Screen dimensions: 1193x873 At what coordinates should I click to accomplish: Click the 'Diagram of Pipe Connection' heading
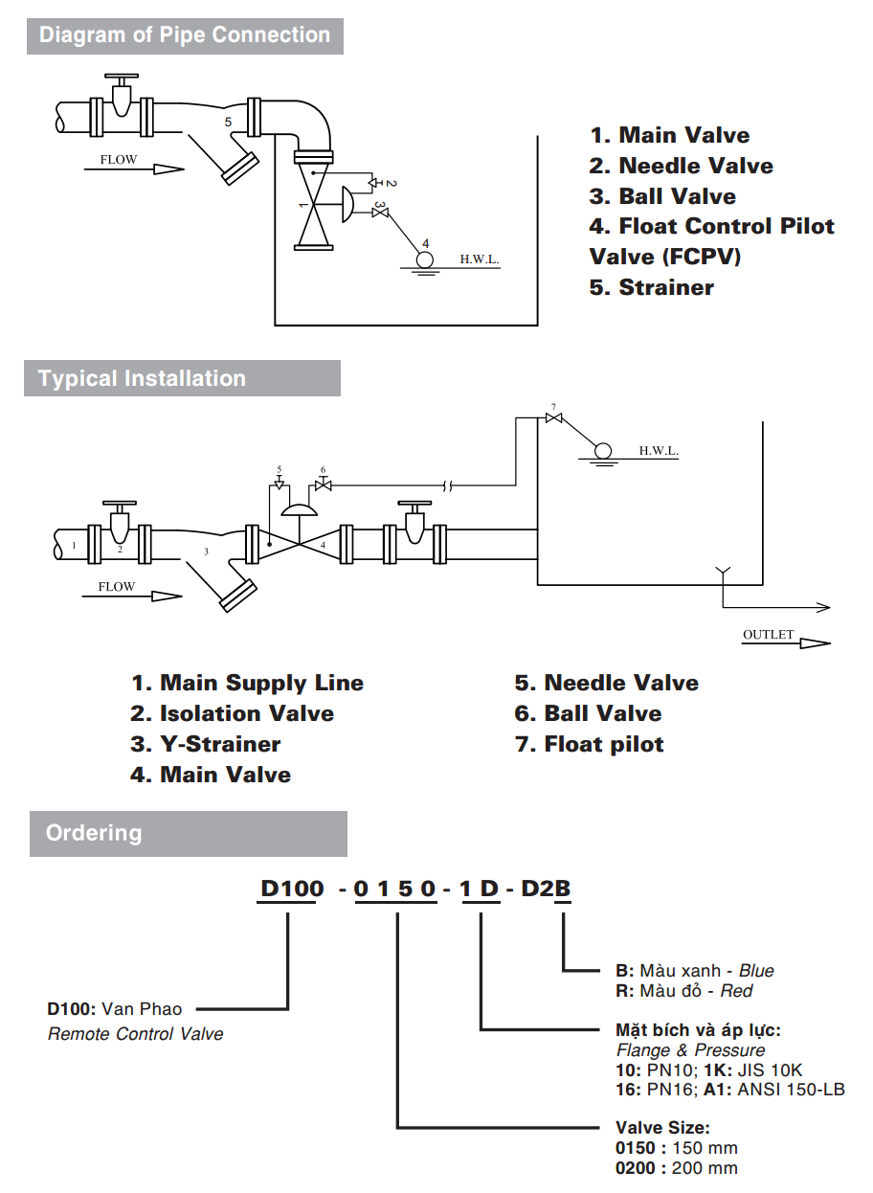(184, 35)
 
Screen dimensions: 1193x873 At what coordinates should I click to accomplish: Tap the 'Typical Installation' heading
(142, 378)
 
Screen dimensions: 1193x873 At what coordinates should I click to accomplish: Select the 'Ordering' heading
(94, 832)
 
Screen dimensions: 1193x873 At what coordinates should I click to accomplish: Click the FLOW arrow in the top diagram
(167, 169)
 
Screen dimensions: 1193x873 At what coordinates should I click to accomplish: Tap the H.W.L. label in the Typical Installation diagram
(659, 451)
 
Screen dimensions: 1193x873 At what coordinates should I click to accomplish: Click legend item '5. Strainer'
(652, 287)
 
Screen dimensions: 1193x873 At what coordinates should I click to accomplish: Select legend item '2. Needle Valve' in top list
(682, 166)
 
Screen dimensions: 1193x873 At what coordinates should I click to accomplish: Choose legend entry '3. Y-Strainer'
(206, 744)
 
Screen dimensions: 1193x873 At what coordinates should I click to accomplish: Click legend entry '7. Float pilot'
(590, 744)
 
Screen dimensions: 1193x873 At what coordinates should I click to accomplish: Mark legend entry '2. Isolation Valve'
(233, 713)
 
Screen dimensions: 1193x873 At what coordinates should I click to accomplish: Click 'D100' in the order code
(292, 889)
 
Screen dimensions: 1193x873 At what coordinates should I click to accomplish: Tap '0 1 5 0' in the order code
(395, 889)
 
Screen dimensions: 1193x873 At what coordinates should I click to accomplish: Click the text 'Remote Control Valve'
(135, 1034)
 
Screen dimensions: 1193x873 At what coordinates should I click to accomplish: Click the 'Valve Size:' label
(662, 1128)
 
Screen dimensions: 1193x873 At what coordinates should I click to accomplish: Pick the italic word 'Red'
(736, 991)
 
